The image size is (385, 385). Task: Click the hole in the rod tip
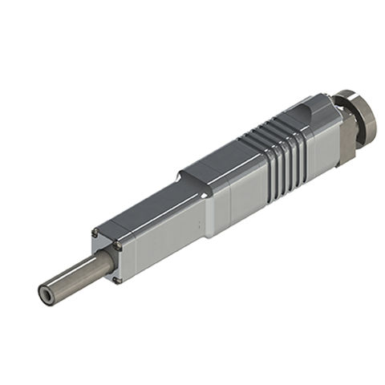tap(46, 294)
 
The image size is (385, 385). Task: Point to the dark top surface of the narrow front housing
tap(148, 208)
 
